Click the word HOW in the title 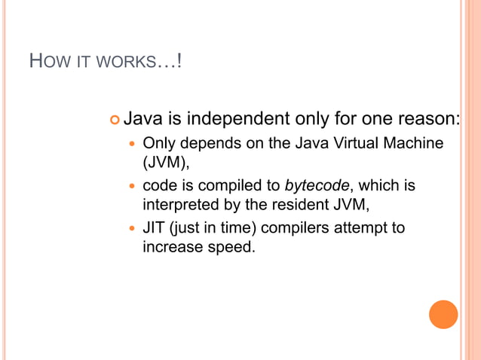click(x=44, y=61)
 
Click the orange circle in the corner click(x=443, y=314)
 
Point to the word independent click(x=237, y=119)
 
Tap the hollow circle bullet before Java click(x=115, y=120)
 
